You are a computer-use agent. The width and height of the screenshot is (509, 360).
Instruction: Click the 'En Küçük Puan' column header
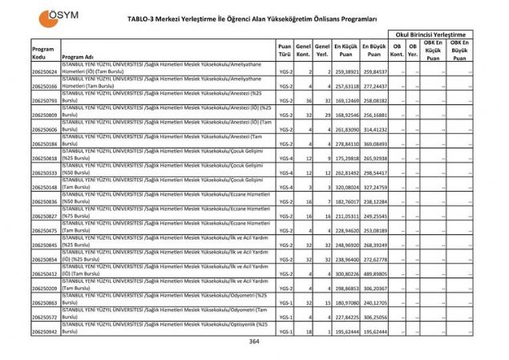click(345, 52)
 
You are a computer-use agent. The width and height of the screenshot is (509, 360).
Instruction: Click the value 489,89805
click(374, 273)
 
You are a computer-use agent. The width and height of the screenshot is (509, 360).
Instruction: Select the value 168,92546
click(345, 115)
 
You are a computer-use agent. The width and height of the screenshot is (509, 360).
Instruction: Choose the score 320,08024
click(345, 187)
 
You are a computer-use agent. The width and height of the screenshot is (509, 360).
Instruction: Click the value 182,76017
click(345, 201)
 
